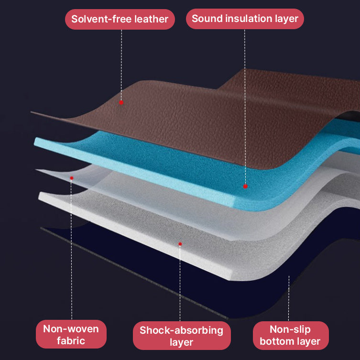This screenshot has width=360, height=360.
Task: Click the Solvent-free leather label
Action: click(120, 20)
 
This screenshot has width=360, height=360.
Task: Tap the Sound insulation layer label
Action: click(245, 19)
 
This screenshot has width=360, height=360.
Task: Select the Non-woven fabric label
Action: click(71, 334)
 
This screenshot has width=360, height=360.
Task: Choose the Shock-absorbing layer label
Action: click(181, 336)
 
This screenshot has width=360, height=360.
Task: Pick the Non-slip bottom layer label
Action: click(291, 335)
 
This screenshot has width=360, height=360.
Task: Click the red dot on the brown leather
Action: click(121, 102)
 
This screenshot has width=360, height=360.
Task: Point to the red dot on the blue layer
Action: click(245, 186)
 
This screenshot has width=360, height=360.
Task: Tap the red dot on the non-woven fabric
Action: click(72, 178)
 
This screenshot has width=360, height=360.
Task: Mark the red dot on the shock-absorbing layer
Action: click(180, 244)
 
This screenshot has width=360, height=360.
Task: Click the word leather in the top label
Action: click(151, 20)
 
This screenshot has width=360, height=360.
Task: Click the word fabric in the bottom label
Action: click(71, 341)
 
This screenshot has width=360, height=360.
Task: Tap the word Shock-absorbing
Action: click(181, 330)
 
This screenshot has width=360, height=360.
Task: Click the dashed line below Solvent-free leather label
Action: click(121, 62)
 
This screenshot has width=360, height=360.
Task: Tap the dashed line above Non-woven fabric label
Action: click(72, 249)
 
